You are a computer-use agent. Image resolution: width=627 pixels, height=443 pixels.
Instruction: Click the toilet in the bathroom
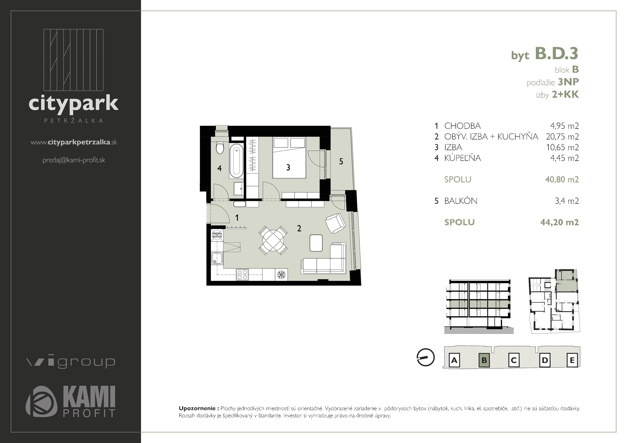[219, 148]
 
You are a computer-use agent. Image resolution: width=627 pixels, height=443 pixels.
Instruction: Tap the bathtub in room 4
[236, 160]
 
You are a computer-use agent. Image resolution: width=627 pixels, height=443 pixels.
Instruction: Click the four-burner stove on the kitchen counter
[242, 274]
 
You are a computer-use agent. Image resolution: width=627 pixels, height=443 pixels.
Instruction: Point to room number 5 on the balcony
[341, 162]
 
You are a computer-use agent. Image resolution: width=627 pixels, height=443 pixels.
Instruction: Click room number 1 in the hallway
[237, 218]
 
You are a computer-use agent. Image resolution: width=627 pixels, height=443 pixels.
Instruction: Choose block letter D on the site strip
[545, 360]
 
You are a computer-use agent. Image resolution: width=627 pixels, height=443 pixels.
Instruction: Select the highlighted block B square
[484, 360]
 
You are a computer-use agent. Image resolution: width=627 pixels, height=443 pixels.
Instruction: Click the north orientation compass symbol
[425, 357]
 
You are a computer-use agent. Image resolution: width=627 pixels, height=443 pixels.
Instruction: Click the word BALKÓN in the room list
[461, 201]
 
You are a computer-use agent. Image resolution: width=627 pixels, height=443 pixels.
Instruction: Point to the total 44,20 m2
[559, 222]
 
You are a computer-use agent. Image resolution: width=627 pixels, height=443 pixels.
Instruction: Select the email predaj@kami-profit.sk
[74, 160]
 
